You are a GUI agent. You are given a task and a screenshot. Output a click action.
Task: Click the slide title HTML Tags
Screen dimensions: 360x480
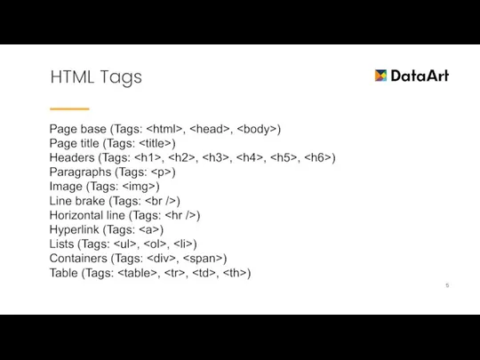click(96, 77)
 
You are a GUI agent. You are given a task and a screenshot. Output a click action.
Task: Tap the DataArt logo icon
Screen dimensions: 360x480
click(381, 76)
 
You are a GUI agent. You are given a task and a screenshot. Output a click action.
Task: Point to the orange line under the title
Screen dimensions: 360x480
click(69, 108)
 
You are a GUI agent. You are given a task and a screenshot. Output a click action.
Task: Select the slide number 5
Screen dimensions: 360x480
click(447, 285)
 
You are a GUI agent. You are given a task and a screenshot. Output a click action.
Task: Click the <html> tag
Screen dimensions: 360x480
click(164, 130)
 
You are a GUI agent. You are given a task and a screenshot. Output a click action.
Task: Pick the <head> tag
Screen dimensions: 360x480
click(210, 130)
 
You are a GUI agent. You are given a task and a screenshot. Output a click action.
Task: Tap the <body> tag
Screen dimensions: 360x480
click(258, 130)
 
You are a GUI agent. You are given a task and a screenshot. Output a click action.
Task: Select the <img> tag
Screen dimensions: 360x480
click(140, 187)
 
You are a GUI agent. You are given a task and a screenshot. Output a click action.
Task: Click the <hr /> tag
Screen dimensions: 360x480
click(180, 215)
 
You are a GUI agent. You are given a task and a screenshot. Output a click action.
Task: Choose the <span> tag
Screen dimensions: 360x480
click(204, 258)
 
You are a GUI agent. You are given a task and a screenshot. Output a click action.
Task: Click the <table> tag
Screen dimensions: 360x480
click(138, 272)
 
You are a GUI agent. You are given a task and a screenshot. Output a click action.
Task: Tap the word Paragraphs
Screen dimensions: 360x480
click(81, 172)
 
